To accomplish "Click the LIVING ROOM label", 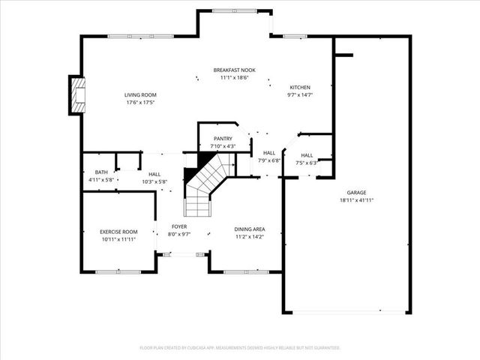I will coord(139,95).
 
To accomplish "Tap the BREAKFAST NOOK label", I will coord(234,70).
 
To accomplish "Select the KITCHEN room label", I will coord(299,88).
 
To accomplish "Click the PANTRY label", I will coord(223,139).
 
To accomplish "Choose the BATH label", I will coord(101,172).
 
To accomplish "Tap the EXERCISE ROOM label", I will coord(118,232).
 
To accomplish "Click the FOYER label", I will coord(179,226).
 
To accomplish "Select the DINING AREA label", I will coord(250,229).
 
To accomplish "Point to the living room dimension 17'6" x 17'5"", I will coord(139,103).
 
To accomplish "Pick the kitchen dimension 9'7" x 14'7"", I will coord(299,95).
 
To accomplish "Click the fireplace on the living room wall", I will coord(76,95).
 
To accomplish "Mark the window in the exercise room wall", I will coord(117,271).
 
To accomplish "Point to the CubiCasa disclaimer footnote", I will coord(240,348).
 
